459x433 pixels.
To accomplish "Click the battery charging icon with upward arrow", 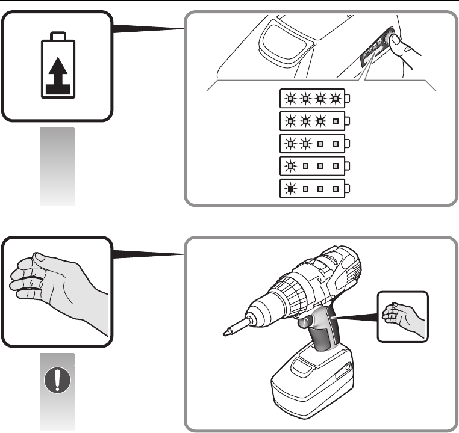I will tap(57, 66).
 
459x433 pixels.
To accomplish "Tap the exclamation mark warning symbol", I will tap(57, 380).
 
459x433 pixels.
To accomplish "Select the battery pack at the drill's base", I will tap(313, 385).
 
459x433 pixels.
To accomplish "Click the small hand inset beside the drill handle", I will tap(403, 316).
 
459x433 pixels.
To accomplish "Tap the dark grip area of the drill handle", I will tap(323, 337).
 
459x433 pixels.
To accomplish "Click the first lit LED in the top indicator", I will tap(293, 98).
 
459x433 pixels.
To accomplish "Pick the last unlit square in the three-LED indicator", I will tap(336, 120).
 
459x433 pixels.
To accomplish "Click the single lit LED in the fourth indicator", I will tap(293, 165).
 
